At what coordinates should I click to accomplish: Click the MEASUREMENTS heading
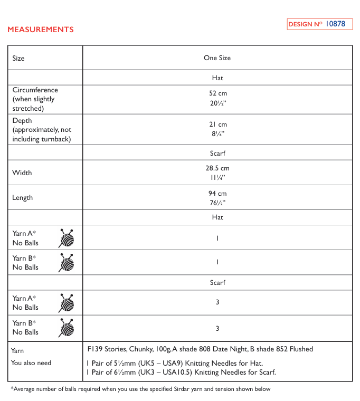pyautogui.click(x=41, y=30)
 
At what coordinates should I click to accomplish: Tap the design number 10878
pyautogui.click(x=335, y=24)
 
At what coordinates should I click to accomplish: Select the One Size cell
pyautogui.click(x=217, y=58)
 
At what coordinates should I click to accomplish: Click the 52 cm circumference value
pyautogui.click(x=217, y=93)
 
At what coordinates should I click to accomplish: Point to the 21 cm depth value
pyautogui.click(x=217, y=124)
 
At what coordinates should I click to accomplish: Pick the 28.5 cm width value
pyautogui.click(x=217, y=168)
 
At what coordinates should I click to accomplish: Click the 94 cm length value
pyautogui.click(x=217, y=193)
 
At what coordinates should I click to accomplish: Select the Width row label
pyautogui.click(x=22, y=173)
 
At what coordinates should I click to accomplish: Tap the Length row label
pyautogui.click(x=23, y=198)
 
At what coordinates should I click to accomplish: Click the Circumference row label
pyautogui.click(x=35, y=90)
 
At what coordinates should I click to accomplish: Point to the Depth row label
pyautogui.click(x=22, y=121)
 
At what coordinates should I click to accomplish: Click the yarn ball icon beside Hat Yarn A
pyautogui.click(x=66, y=238)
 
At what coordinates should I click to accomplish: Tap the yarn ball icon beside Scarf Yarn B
pyautogui.click(x=66, y=328)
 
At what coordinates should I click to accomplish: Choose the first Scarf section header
pyautogui.click(x=217, y=153)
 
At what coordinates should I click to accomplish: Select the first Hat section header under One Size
pyautogui.click(x=217, y=78)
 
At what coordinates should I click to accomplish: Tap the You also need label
pyautogui.click(x=32, y=363)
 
